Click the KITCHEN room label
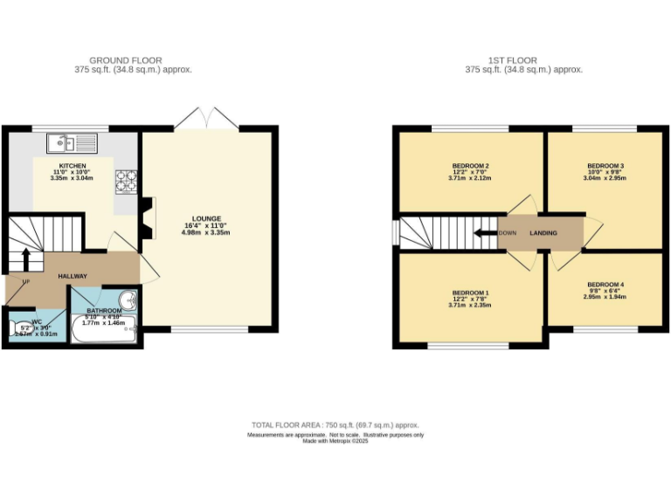pos(73,166)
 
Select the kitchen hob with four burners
pos(128,180)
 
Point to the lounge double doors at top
pos(206,119)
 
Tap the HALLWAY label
pos(73,276)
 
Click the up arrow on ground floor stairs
pos(25,258)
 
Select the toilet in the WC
pos(18,330)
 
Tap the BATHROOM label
pos(104,310)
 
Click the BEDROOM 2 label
pos(470,166)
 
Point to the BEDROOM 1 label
pos(470,292)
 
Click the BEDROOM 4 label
pos(605,285)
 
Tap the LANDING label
pos(543,233)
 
